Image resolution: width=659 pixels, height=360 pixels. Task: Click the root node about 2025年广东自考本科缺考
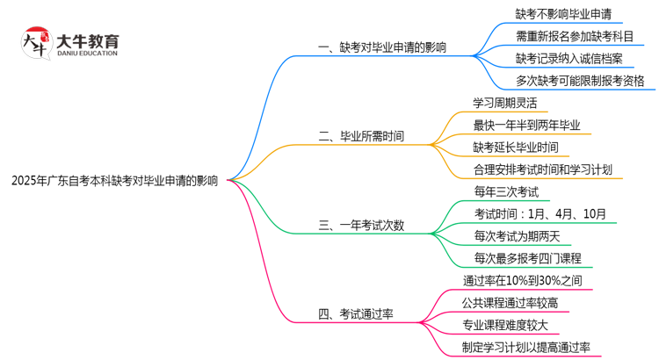114,181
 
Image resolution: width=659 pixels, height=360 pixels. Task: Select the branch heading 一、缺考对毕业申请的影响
380,47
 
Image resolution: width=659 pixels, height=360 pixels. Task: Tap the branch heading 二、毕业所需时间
361,136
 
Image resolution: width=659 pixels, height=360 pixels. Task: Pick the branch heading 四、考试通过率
355,313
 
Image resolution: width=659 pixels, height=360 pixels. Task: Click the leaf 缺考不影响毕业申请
563,14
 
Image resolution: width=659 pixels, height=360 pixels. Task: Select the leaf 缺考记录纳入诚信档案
569,59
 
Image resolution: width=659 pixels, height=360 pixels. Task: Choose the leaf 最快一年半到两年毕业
527,125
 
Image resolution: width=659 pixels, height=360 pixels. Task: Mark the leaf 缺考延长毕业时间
515,148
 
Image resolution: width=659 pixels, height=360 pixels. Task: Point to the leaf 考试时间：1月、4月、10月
539,213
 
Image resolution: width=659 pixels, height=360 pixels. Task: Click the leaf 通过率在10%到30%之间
523,281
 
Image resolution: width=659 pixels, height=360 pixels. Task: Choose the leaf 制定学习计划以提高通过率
526,347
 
